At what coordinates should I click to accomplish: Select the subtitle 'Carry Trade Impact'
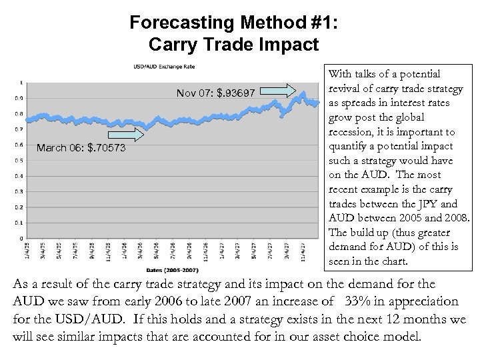point(235,45)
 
